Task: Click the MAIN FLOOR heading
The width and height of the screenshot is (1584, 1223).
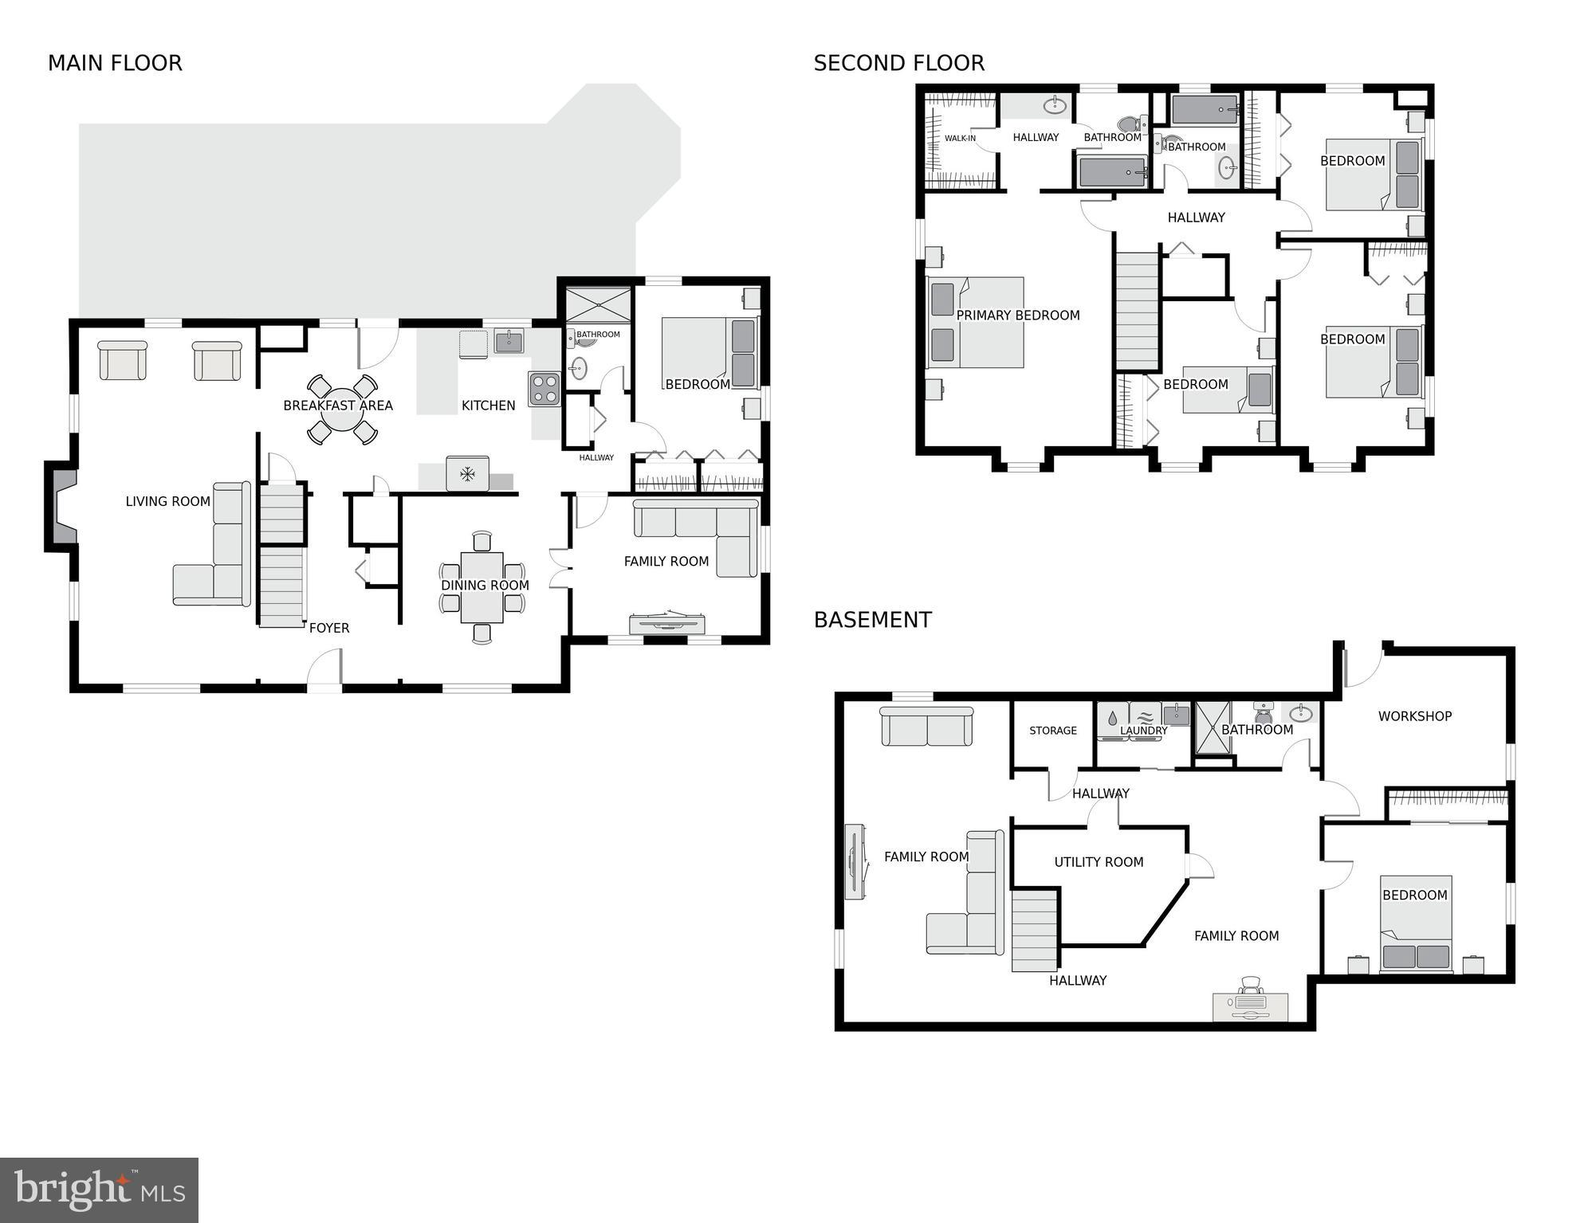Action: (x=115, y=63)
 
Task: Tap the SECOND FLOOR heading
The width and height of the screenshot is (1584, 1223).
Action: (x=898, y=63)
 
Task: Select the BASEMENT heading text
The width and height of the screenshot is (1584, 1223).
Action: (x=872, y=620)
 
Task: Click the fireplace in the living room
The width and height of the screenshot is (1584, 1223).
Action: (x=62, y=507)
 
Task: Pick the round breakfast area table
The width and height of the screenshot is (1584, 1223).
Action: (x=342, y=410)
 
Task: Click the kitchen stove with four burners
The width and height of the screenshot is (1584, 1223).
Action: (x=544, y=390)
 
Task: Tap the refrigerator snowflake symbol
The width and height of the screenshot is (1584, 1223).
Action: (x=467, y=474)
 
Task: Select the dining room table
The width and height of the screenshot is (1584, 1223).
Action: (x=481, y=586)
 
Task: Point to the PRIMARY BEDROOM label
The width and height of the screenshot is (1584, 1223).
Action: (x=1017, y=316)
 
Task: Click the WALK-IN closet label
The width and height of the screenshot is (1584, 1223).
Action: (x=960, y=139)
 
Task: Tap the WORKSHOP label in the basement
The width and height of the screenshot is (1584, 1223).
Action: (x=1414, y=716)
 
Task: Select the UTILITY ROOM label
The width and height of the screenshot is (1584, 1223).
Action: (x=1098, y=862)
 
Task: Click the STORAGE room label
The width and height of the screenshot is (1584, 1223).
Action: (x=1052, y=731)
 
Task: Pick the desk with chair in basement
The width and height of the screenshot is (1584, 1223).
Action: (x=1249, y=1002)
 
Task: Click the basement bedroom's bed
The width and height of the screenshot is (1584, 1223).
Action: (x=1416, y=924)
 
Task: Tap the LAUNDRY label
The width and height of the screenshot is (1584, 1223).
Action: (x=1143, y=731)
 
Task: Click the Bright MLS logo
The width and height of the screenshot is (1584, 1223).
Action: (x=99, y=1190)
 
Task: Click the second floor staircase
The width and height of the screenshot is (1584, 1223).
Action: (x=1137, y=311)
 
